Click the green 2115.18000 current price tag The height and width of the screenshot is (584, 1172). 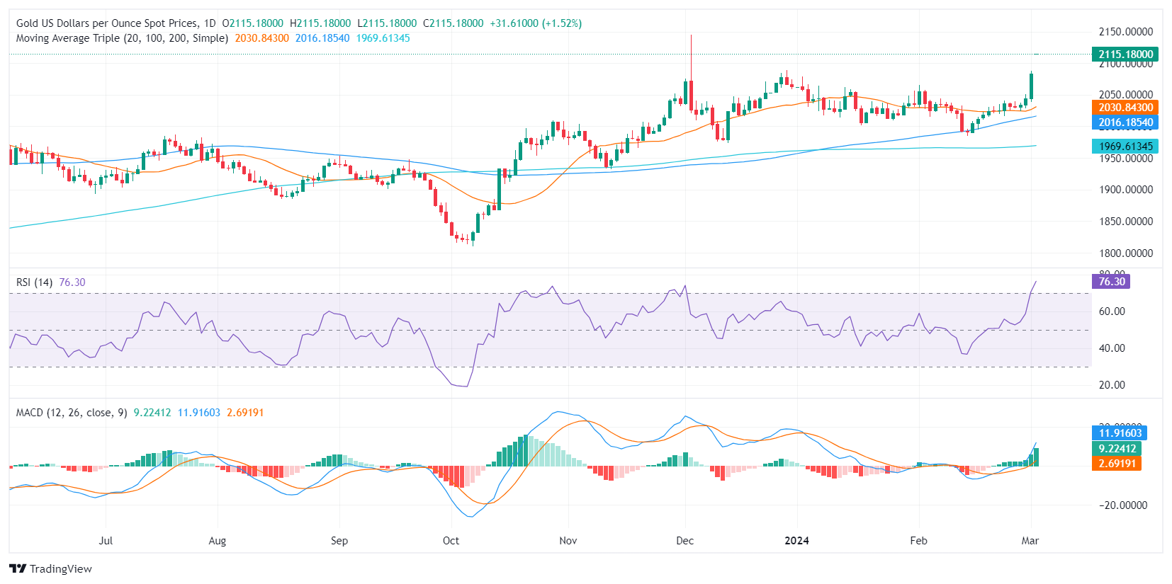click(x=1125, y=55)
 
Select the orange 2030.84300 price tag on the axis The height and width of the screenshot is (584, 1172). click(x=1125, y=108)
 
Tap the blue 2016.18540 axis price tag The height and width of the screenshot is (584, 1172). click(x=1125, y=122)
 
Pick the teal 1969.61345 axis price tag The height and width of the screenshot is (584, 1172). click(x=1125, y=147)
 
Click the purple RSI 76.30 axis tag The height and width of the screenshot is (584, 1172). click(x=1112, y=282)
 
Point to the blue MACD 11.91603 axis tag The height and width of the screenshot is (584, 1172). click(x=1120, y=433)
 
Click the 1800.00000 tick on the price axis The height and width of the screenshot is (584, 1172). click(x=1125, y=253)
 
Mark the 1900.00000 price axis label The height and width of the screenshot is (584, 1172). click(x=1125, y=190)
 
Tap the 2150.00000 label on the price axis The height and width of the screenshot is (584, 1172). click(x=1125, y=32)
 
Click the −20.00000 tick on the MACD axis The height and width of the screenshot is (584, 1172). click(x=1122, y=505)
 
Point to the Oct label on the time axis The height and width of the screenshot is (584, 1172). click(x=451, y=541)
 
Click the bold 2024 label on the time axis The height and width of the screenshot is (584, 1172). click(x=796, y=541)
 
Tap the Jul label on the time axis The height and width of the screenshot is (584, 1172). click(x=106, y=541)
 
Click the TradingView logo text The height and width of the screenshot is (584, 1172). click(x=60, y=569)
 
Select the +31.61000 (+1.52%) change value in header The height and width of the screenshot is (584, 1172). click(x=536, y=23)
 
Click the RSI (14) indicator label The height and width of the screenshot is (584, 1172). click(x=34, y=282)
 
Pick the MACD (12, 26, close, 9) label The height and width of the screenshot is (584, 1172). click(x=72, y=413)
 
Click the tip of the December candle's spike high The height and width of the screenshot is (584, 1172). click(x=691, y=35)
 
